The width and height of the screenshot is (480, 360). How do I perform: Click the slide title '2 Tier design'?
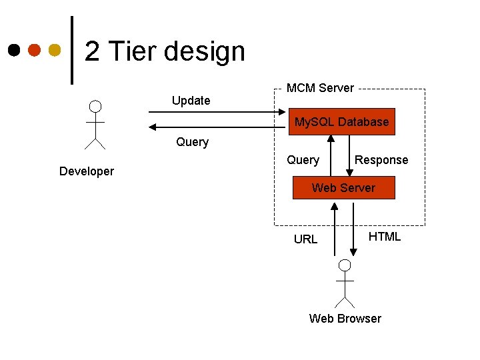pyautogui.click(x=165, y=51)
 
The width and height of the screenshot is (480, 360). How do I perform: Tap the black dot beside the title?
pyautogui.click(x=14, y=50)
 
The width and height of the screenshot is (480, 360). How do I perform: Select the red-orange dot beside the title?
pyautogui.click(x=34, y=50)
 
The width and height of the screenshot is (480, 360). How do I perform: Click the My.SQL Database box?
pyautogui.click(x=341, y=122)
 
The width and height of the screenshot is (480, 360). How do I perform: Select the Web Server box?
pyautogui.click(x=343, y=188)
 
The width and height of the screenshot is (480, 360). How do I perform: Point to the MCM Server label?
pyautogui.click(x=320, y=88)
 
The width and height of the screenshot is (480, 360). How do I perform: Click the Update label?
pyautogui.click(x=191, y=101)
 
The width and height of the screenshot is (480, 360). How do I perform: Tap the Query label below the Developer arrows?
pyautogui.click(x=192, y=142)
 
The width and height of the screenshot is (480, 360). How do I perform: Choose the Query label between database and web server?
pyautogui.click(x=303, y=160)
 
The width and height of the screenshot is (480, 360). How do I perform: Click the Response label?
pyautogui.click(x=381, y=160)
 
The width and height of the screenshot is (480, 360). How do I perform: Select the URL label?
pyautogui.click(x=306, y=239)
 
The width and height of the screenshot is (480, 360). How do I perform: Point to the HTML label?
pyautogui.click(x=385, y=237)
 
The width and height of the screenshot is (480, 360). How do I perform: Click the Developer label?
pyautogui.click(x=87, y=171)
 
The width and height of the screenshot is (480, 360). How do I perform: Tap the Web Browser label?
pyautogui.click(x=345, y=319)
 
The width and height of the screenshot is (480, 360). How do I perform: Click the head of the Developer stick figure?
pyautogui.click(x=96, y=107)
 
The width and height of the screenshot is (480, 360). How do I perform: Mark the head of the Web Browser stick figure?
pyautogui.click(x=345, y=265)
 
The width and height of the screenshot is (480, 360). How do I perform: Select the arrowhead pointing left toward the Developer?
pyautogui.click(x=153, y=127)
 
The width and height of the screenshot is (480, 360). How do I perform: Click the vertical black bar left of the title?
pyautogui.click(x=72, y=50)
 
